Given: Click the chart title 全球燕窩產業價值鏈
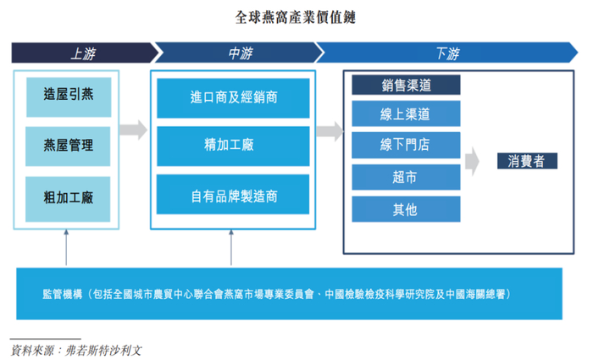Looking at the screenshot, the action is (x=295, y=18).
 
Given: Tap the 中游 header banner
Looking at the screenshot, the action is (x=240, y=53).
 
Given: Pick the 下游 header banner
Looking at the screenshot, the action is (x=447, y=53).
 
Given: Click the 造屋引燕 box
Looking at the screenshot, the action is (x=69, y=97).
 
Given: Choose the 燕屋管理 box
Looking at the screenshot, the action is (x=68, y=147).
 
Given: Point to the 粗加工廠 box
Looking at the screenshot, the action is (x=68, y=199).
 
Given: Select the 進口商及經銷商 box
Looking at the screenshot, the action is (x=233, y=98).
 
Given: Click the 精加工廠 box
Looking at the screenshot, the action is (x=233, y=147).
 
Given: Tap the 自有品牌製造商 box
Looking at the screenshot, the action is (x=233, y=194).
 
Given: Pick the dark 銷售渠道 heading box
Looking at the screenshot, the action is (x=406, y=85).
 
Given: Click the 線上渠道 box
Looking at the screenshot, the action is (x=406, y=114).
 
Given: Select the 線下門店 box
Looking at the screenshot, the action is (x=406, y=145).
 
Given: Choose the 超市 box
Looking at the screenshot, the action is (x=406, y=177).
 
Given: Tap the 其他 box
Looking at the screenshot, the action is (x=406, y=209).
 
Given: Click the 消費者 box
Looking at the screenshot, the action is (x=527, y=161).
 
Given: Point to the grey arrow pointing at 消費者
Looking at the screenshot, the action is (x=472, y=162).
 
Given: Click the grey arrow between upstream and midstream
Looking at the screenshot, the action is (x=134, y=130).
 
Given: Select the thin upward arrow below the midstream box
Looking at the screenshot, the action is (x=231, y=247).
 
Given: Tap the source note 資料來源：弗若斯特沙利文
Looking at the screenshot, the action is (x=76, y=351).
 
